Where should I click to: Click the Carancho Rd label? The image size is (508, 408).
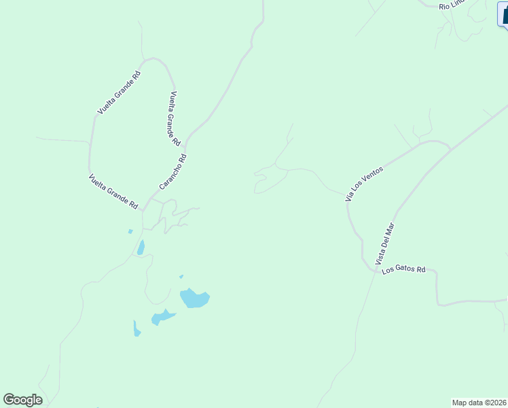tap(173, 172)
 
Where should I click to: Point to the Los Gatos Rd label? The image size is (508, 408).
tap(403, 270)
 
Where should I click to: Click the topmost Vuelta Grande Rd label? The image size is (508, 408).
tap(119, 92)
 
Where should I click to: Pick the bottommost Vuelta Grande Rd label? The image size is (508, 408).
tap(113, 192)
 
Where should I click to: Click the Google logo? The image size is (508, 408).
tap(22, 400)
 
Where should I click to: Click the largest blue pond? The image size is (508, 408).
tap(194, 298)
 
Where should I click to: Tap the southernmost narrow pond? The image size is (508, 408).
tap(137, 329)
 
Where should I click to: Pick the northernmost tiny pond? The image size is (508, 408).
tap(130, 231)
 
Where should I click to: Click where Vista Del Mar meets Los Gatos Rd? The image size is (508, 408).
tap(375, 270)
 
